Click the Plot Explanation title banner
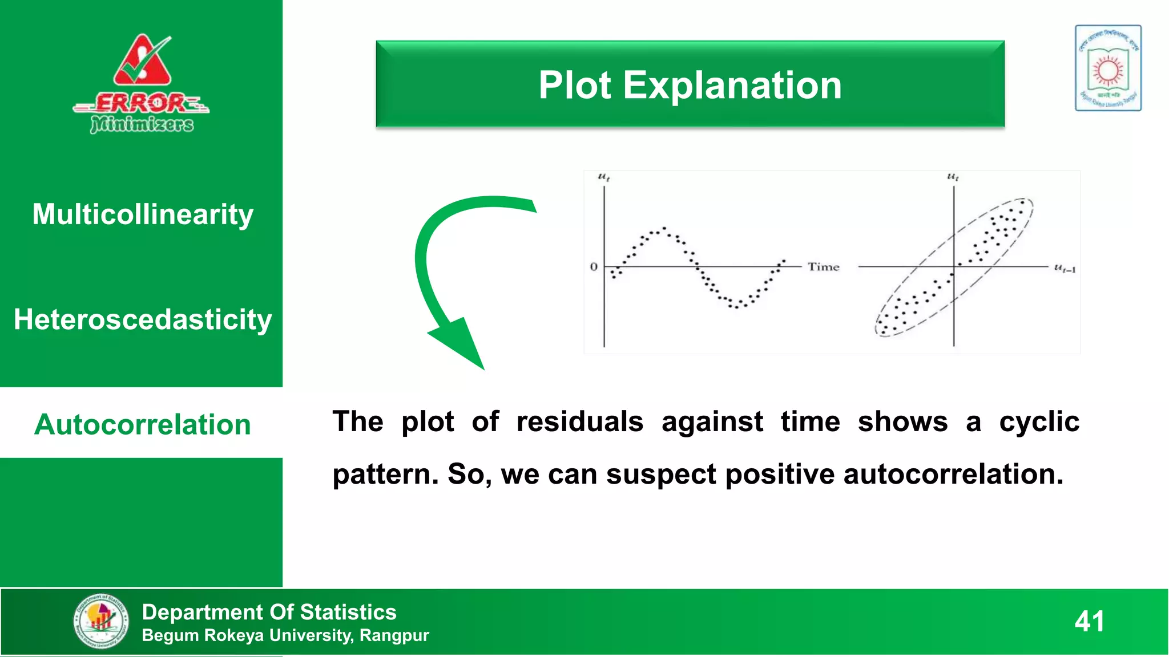[690, 84]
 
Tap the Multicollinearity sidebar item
[142, 214]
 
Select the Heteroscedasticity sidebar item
[142, 319]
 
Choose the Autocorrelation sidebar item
[142, 424]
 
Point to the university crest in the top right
[1108, 68]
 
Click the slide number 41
[1089, 621]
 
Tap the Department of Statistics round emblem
[101, 621]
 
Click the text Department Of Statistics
[269, 612]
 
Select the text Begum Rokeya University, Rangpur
[285, 635]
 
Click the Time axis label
[823, 267]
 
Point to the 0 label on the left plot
[594, 267]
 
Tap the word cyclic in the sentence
[1039, 422]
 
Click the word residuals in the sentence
[579, 422]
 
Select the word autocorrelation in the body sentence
[953, 474]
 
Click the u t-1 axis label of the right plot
[1065, 268]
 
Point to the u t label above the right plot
[953, 177]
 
